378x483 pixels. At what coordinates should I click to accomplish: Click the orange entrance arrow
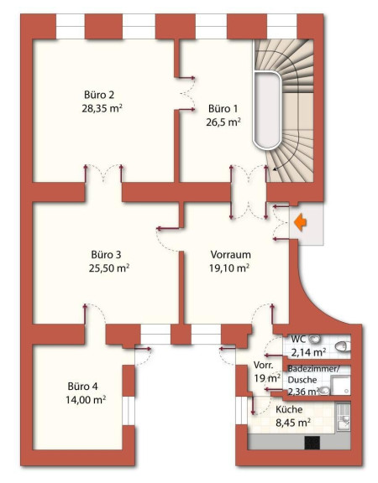tap(300, 223)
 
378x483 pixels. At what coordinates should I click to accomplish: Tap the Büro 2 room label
tap(99, 95)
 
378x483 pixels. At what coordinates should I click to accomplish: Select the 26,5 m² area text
tap(223, 122)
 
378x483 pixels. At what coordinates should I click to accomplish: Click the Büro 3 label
tap(106, 255)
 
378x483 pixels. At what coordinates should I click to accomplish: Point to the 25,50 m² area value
tap(109, 268)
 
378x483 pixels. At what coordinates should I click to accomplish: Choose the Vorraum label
tap(230, 255)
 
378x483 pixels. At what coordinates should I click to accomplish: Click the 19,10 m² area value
tap(229, 268)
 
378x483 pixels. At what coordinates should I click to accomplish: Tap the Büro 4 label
tap(82, 387)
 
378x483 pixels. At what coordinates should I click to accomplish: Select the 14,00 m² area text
tap(86, 400)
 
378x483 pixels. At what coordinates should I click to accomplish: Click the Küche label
tap(289, 409)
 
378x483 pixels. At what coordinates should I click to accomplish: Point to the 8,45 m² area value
tap(293, 423)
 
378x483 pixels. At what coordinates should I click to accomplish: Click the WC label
tap(298, 340)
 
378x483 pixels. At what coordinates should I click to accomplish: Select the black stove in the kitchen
tap(312, 443)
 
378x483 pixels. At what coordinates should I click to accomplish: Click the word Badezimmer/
tap(313, 369)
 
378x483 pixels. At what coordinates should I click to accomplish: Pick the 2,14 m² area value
tap(308, 352)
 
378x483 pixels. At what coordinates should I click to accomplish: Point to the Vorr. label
tap(263, 366)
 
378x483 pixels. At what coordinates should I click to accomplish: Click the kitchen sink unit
tap(344, 418)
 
